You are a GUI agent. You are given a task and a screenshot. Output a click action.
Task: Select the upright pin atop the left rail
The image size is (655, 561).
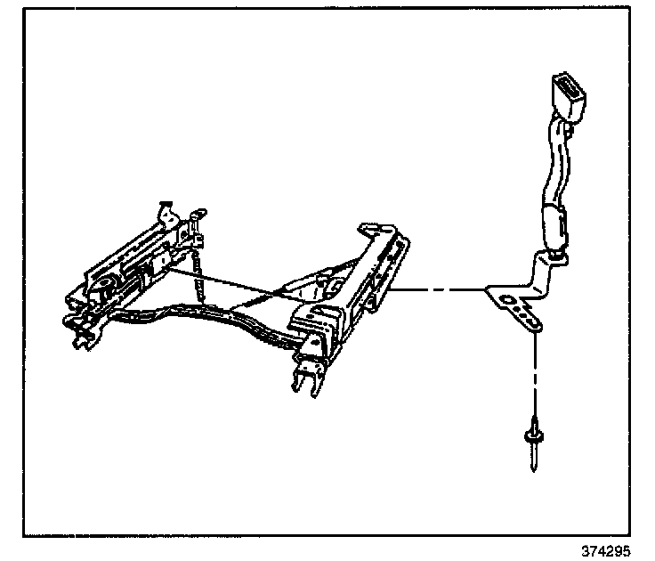click(163, 212)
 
